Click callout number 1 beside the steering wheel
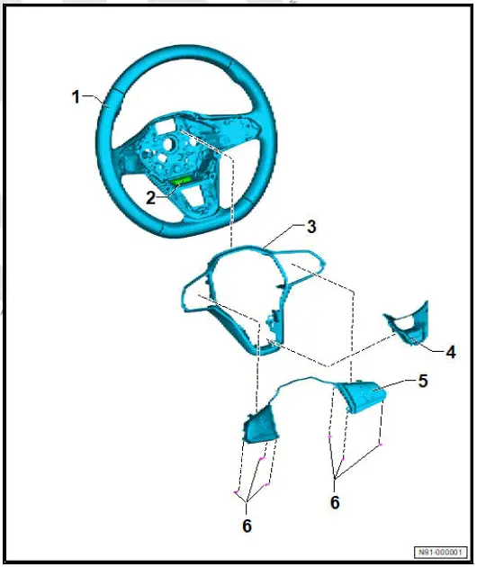coord(76,96)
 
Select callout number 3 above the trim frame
coord(310,228)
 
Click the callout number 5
coord(422,381)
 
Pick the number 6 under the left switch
coord(247,525)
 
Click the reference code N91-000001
coord(441,552)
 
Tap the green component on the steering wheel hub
coord(183,182)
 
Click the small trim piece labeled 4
coord(407,327)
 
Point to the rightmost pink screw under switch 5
coord(382,445)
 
